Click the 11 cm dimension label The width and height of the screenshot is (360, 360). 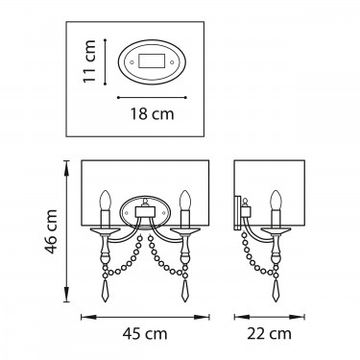point(89,61)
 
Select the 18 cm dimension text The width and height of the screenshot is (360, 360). point(152,114)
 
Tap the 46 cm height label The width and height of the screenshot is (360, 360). point(52,231)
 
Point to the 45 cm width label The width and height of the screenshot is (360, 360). point(145,334)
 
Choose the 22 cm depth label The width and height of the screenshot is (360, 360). point(269,334)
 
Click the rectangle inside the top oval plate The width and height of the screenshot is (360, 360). point(152,60)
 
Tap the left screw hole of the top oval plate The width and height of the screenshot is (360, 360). point(132,61)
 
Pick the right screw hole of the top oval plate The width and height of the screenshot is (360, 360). point(172,61)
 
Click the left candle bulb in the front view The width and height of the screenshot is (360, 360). point(106,200)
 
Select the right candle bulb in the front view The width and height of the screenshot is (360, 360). point(185,200)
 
